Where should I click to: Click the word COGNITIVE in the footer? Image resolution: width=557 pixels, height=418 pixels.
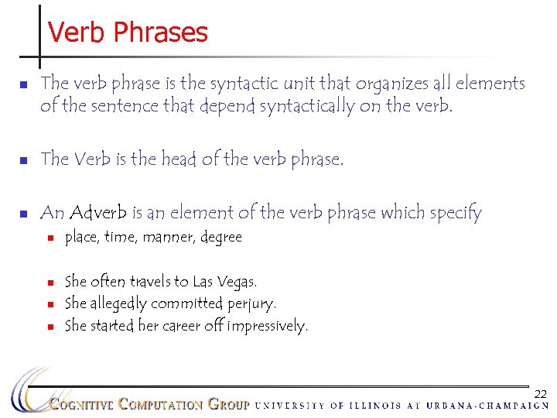pos(82,404)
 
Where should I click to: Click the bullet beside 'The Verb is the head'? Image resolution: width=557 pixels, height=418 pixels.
pos(23,160)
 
